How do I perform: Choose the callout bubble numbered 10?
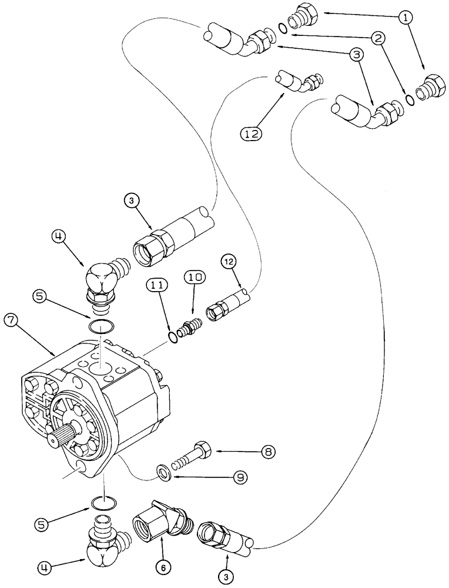point(195,276)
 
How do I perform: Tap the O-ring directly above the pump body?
point(100,326)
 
